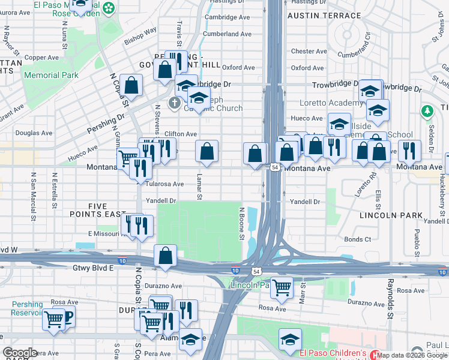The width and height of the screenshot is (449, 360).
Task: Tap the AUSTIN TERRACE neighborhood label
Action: pyautogui.click(x=324, y=16)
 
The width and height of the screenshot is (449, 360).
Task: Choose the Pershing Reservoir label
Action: pyautogui.click(x=27, y=308)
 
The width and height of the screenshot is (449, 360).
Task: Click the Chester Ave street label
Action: pyautogui.click(x=309, y=52)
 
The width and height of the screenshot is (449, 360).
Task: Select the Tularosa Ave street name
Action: pyautogui.click(x=164, y=184)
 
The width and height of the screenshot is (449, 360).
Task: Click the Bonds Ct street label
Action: pyautogui.click(x=358, y=239)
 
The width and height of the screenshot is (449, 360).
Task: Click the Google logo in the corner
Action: pyautogui.click(x=20, y=353)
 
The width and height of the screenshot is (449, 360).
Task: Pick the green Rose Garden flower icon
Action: pyautogui.click(x=109, y=8)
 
